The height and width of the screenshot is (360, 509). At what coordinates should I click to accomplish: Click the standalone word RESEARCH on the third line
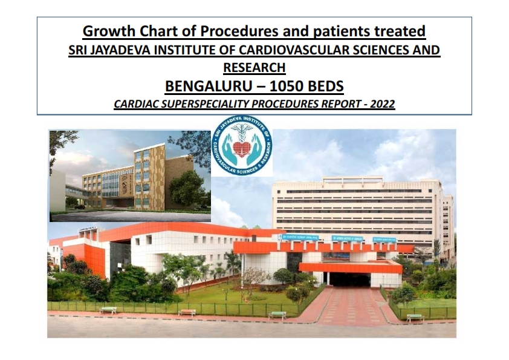[x=254, y=67]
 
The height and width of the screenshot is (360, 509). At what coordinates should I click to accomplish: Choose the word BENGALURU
[x=204, y=85]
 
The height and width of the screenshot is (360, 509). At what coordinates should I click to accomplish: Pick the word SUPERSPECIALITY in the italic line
[x=206, y=104]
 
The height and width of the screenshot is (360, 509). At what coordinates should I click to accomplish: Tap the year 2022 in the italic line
[x=382, y=104]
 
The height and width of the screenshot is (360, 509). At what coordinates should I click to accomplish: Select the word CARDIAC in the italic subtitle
[x=134, y=104]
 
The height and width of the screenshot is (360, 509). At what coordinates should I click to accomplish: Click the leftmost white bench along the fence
[x=108, y=310]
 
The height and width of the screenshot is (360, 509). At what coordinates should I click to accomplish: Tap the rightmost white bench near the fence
[x=415, y=316]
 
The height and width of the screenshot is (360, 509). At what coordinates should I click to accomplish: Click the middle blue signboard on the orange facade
[x=348, y=240]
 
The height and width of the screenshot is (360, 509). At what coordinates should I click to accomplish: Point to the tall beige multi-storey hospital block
[x=357, y=206]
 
